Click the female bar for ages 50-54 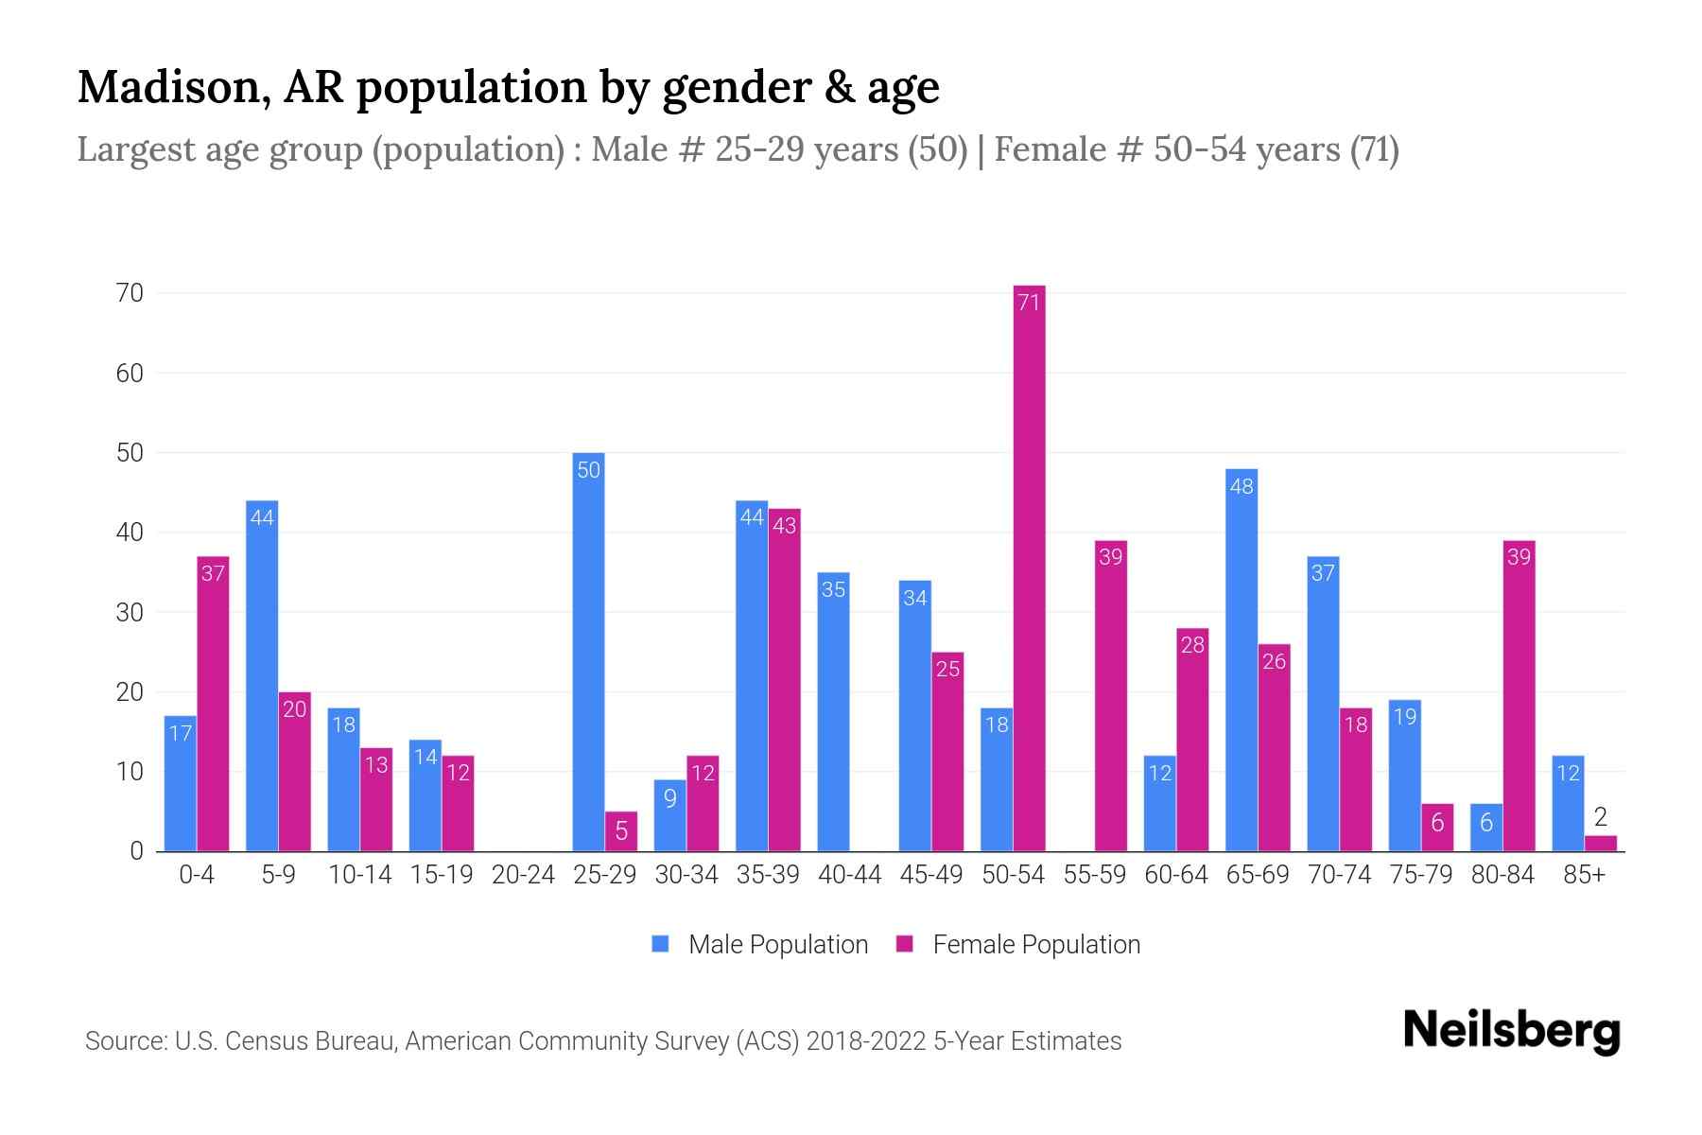click(1029, 567)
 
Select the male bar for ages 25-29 click(588, 653)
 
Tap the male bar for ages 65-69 click(1242, 662)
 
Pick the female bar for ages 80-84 click(1519, 695)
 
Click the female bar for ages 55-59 click(1111, 695)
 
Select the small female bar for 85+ click(1601, 844)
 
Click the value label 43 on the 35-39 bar click(785, 526)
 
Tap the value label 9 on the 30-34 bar click(669, 798)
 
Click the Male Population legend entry click(760, 945)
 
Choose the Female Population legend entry click(1018, 945)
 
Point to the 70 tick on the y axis click(130, 293)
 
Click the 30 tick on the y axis click(130, 613)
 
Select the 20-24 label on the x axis click(523, 875)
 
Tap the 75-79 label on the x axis click(1420, 875)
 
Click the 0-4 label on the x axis click(197, 875)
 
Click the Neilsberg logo click(1511, 1031)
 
